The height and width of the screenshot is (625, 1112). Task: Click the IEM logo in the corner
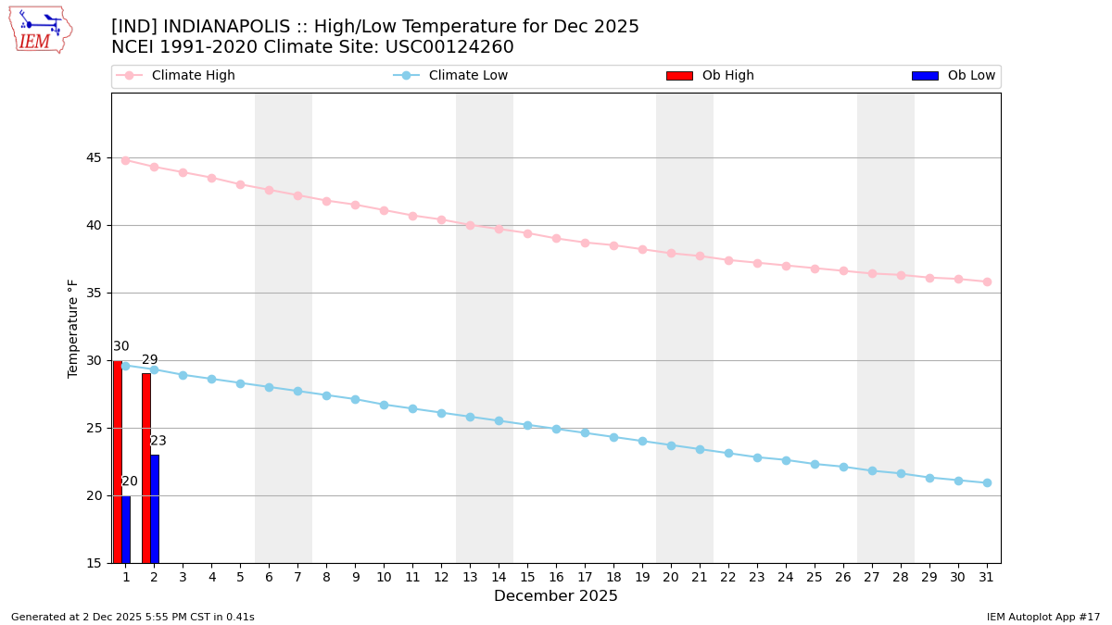(x=40, y=30)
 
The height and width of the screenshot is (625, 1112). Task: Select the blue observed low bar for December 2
(x=155, y=508)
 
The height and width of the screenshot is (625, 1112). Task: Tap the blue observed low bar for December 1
(x=126, y=529)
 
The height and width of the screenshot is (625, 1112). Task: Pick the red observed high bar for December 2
(x=146, y=468)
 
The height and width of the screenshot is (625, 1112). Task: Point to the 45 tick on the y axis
(x=94, y=157)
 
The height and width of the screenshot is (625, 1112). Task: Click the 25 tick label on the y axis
(x=94, y=428)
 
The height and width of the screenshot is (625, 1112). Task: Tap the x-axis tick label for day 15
(x=527, y=577)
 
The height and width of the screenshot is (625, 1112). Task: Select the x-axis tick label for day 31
(x=987, y=577)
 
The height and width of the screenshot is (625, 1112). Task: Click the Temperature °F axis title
(x=73, y=328)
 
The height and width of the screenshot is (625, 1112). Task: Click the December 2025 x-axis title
(x=556, y=596)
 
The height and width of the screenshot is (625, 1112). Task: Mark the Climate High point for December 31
(x=987, y=281)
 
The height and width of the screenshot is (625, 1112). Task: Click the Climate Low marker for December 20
(x=671, y=445)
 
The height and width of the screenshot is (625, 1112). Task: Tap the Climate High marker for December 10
(x=384, y=210)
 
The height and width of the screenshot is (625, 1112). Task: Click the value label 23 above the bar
(x=158, y=441)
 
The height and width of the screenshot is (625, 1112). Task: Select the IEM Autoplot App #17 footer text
(x=1043, y=617)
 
